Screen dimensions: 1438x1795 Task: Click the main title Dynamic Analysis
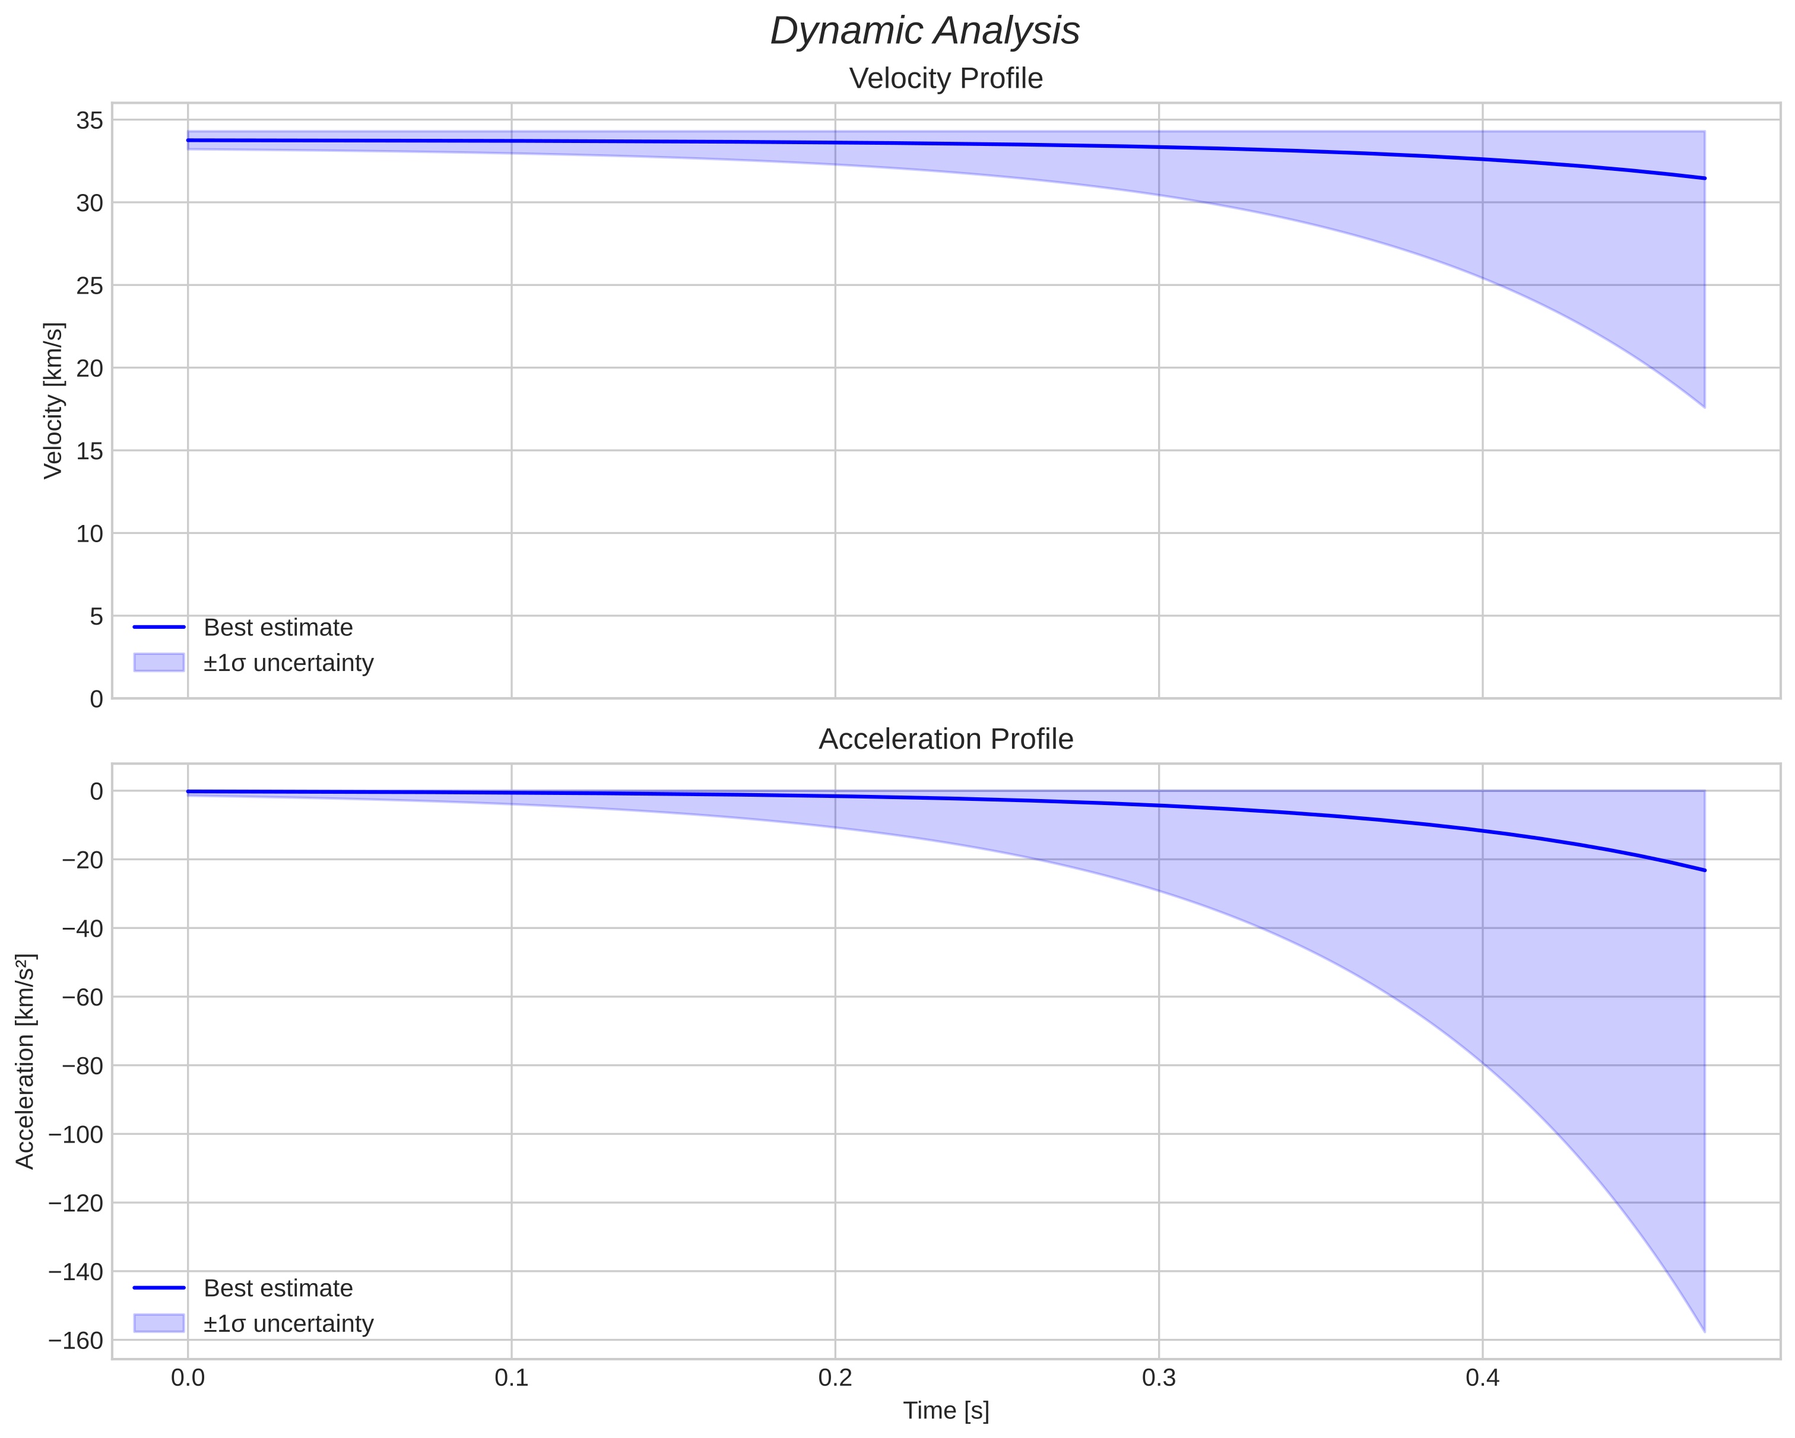click(x=924, y=31)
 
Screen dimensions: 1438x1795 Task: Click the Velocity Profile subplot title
click(x=945, y=78)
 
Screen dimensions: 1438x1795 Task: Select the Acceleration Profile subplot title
click(x=945, y=739)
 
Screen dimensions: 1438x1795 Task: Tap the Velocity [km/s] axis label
click(x=53, y=400)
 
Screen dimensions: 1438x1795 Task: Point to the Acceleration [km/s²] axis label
click(x=26, y=1061)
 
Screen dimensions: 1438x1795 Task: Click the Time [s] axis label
click(x=946, y=1410)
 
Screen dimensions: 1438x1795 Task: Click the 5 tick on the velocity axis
click(x=97, y=616)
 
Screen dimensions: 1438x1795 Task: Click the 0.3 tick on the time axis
click(x=1158, y=1377)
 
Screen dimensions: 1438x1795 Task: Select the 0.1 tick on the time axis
click(x=511, y=1377)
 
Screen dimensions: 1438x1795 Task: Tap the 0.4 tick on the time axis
click(x=1482, y=1377)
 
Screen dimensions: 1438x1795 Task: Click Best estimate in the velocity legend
click(x=278, y=628)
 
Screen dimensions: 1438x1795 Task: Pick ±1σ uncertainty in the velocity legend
click(x=288, y=663)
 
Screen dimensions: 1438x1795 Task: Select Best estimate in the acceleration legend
click(x=278, y=1289)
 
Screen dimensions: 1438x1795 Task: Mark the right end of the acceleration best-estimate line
click(x=1704, y=870)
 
